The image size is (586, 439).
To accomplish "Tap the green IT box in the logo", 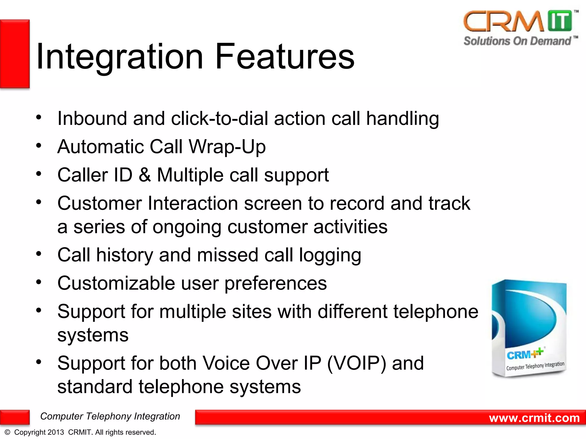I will click(560, 21).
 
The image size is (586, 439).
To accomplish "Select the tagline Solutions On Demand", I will click(517, 41).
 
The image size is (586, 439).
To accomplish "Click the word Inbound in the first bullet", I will click(92, 118).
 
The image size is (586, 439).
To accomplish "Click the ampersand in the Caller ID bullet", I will click(145, 175).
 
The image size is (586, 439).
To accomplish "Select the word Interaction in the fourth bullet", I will click(193, 203).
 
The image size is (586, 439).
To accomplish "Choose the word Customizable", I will click(116, 283).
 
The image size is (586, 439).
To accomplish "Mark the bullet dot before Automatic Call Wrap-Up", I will click(39, 146).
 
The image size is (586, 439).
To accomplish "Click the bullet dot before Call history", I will click(39, 254).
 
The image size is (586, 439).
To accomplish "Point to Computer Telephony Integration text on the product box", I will click(535, 366).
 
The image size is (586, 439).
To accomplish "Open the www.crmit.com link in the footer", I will click(534, 418).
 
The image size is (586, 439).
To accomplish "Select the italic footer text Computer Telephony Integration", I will click(110, 416).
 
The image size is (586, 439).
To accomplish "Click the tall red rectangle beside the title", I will click(15, 54).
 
